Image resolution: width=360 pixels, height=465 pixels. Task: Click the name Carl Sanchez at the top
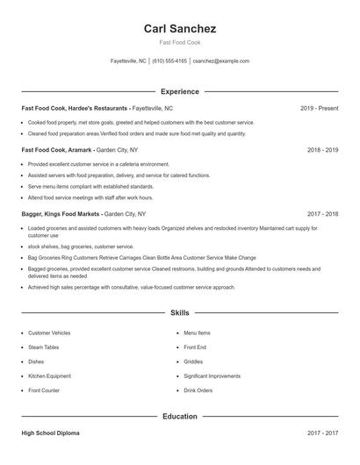(179, 28)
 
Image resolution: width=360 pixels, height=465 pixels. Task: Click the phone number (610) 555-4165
(169, 61)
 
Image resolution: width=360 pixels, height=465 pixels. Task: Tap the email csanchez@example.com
(221, 61)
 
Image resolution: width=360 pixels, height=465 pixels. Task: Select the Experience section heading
(179, 91)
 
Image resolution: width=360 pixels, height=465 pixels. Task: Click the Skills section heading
(179, 312)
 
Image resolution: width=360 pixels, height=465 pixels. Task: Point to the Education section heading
(179, 416)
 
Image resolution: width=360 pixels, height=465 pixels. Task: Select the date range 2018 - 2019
(322, 150)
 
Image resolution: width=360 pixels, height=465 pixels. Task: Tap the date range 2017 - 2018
(322, 213)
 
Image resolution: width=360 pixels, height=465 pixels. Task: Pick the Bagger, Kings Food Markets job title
(61, 213)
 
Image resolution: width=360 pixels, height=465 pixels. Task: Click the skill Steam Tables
(45, 347)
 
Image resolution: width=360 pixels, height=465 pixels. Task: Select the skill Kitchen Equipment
(49, 376)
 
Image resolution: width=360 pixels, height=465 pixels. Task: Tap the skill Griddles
(193, 361)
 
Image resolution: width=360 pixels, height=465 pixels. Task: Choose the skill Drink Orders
(198, 390)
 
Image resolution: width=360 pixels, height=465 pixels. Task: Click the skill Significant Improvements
(212, 376)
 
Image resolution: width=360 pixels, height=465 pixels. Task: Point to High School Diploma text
(51, 433)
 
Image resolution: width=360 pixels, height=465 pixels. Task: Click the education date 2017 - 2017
(322, 433)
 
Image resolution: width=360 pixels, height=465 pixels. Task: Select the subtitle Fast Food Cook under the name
(179, 42)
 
